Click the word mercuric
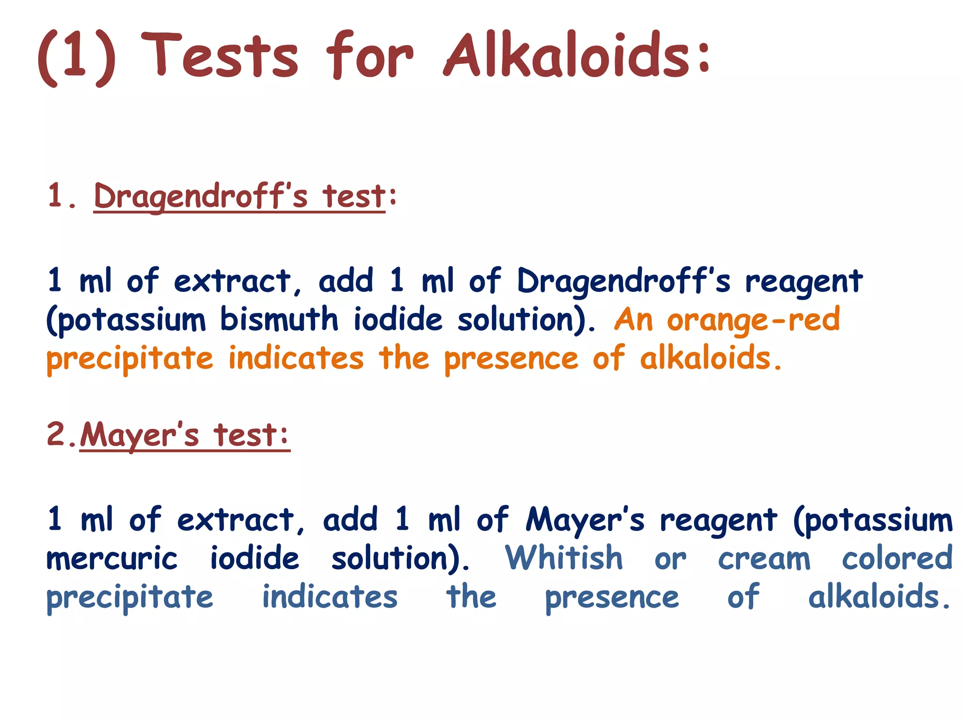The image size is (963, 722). [112, 559]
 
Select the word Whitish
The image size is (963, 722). [564, 558]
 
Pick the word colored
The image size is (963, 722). [897, 558]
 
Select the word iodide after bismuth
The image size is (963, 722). [398, 319]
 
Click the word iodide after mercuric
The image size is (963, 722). [254, 558]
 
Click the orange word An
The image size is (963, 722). [633, 320]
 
